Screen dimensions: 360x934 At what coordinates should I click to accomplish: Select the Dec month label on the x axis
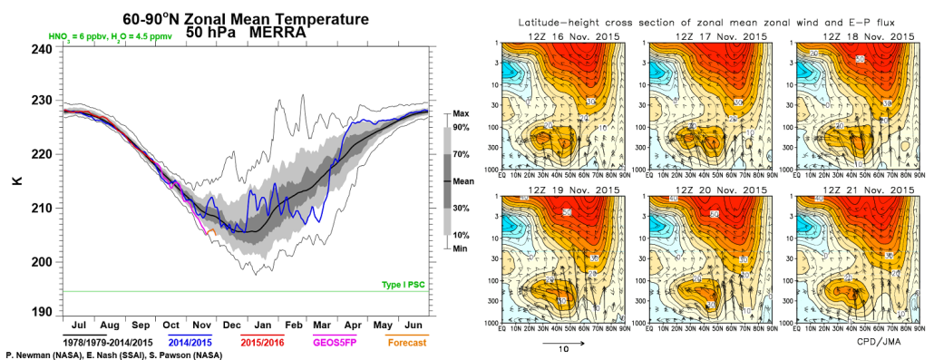[231, 324]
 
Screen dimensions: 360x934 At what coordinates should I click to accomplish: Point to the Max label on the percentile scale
[460, 114]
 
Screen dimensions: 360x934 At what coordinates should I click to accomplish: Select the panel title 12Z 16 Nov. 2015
[559, 35]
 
